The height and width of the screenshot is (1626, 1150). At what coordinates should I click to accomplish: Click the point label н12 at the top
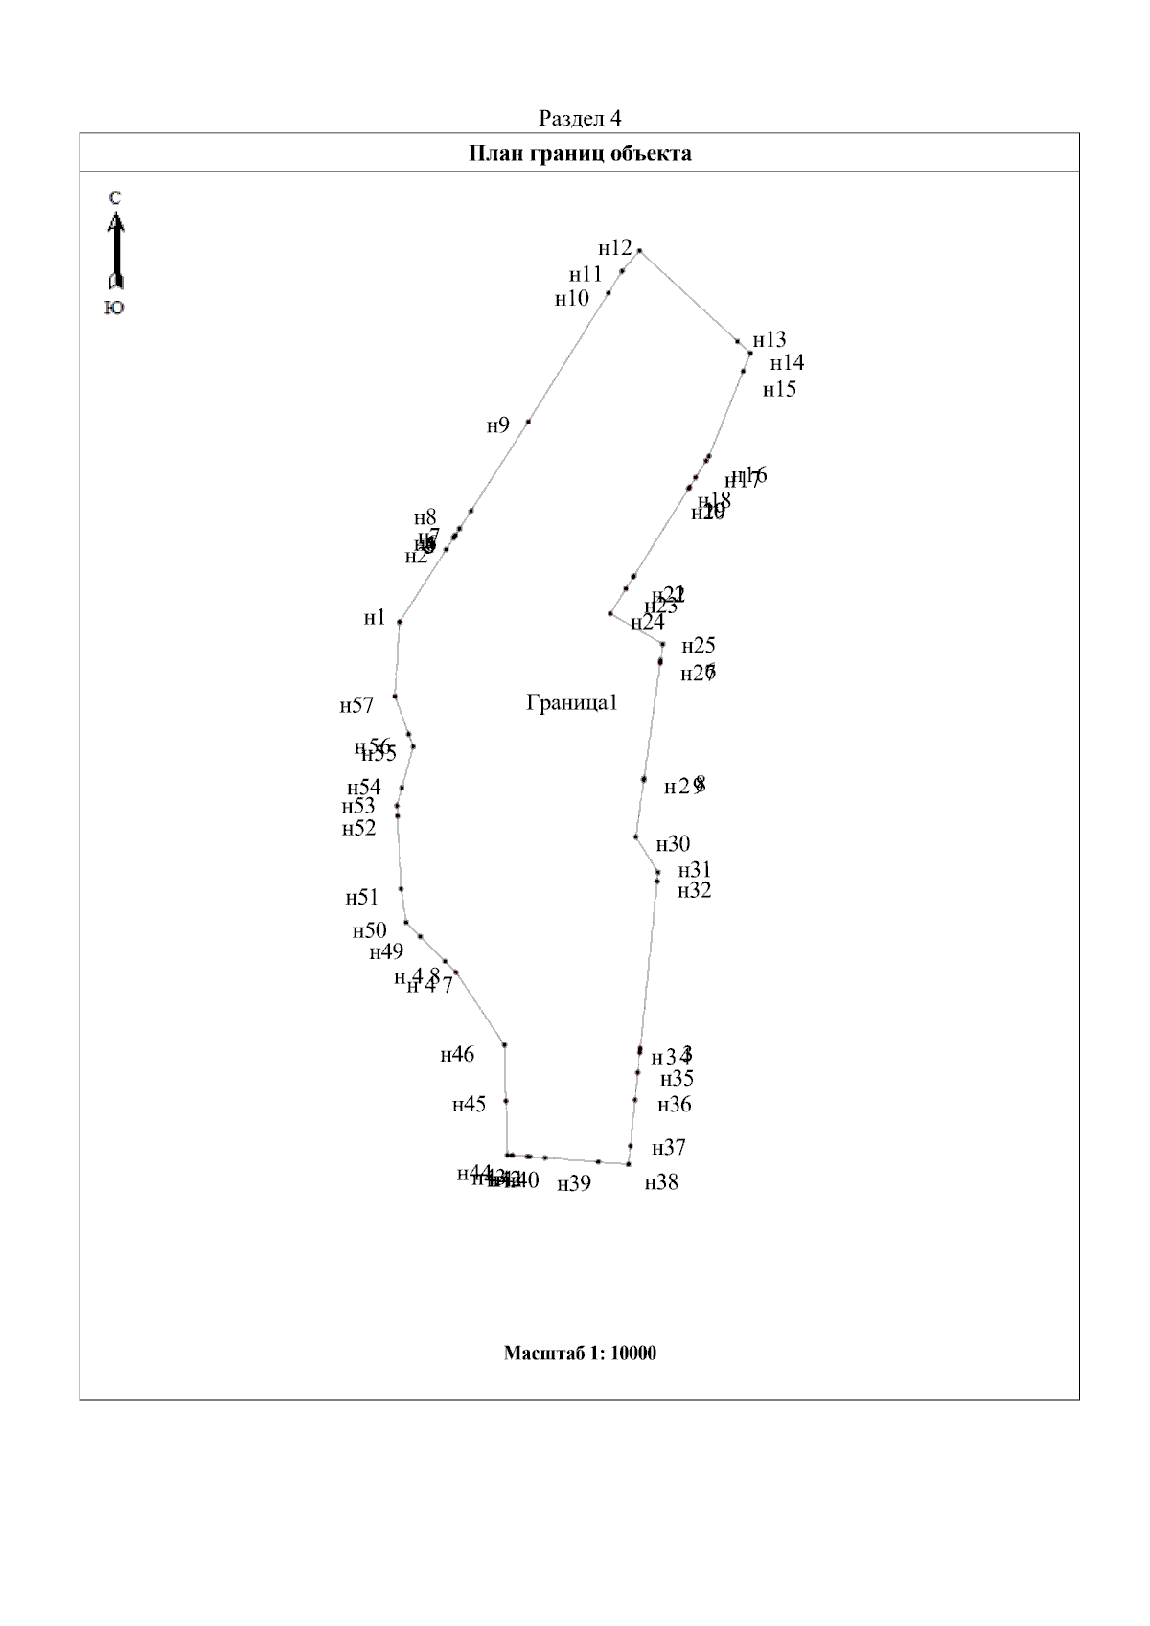coord(615,249)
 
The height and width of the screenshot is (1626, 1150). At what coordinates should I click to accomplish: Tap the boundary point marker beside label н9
coord(528,422)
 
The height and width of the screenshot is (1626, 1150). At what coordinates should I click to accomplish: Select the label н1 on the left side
coord(375,618)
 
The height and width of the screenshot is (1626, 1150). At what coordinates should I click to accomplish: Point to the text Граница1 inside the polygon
coord(572,703)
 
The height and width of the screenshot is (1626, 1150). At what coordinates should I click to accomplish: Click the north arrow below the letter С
coord(115,251)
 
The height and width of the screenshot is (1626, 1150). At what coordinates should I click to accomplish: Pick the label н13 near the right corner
coord(769,340)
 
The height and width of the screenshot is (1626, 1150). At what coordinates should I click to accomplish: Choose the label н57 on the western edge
coord(356,707)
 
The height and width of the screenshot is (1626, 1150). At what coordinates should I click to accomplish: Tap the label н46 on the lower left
coord(457,1056)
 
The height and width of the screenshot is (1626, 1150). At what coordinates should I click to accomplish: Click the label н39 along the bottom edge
coord(574,1184)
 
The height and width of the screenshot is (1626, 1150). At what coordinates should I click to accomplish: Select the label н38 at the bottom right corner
coord(661,1183)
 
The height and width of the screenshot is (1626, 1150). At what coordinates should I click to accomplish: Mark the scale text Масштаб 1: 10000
coord(580,1354)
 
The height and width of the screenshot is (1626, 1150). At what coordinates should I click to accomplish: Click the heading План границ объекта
coord(580,153)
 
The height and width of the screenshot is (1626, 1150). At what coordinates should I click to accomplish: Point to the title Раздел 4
coord(580,119)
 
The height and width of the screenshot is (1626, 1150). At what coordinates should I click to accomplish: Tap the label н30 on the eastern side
coord(673,845)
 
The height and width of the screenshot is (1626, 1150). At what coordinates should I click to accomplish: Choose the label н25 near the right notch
coord(699,646)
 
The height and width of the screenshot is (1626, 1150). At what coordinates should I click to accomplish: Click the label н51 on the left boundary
coord(362,899)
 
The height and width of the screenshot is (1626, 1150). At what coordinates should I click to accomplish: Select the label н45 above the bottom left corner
coord(469,1106)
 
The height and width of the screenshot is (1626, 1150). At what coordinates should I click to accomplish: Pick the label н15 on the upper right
coord(779,390)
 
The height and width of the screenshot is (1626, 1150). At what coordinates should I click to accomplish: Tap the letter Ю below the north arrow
coord(114,309)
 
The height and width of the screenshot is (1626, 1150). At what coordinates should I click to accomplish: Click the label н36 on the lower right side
coord(674,1106)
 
